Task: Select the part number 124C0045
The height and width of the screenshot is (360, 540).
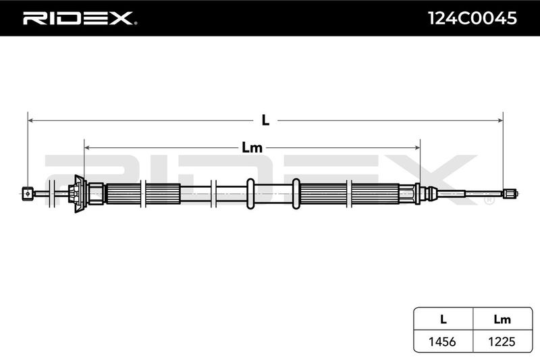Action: tap(472, 18)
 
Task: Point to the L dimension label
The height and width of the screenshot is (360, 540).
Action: tap(265, 120)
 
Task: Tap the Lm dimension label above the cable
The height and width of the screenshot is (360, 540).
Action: tap(252, 148)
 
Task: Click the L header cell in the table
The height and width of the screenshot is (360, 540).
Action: tap(443, 319)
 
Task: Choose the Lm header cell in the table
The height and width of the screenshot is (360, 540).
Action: tap(502, 319)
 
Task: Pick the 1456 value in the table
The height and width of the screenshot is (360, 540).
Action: tap(442, 341)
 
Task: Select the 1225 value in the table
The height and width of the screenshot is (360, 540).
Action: tap(502, 341)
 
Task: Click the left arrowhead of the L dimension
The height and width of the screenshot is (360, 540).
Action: tap(30, 120)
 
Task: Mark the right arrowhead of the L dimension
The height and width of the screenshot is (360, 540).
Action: tap(500, 120)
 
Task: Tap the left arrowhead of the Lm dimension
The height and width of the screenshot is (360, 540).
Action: tap(87, 148)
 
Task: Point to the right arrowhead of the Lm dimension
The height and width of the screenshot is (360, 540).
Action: tap(417, 148)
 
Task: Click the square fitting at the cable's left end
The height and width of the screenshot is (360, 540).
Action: tap(28, 194)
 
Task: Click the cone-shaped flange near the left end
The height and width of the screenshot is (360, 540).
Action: tap(80, 194)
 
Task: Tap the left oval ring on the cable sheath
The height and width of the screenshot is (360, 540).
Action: tap(250, 194)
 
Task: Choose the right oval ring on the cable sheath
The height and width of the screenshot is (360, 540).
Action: tap(296, 194)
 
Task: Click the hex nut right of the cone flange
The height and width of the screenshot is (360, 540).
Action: tap(96, 194)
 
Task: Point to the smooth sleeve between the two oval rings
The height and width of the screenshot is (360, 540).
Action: tap(273, 194)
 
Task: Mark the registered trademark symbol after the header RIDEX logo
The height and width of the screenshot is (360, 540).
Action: tap(135, 24)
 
